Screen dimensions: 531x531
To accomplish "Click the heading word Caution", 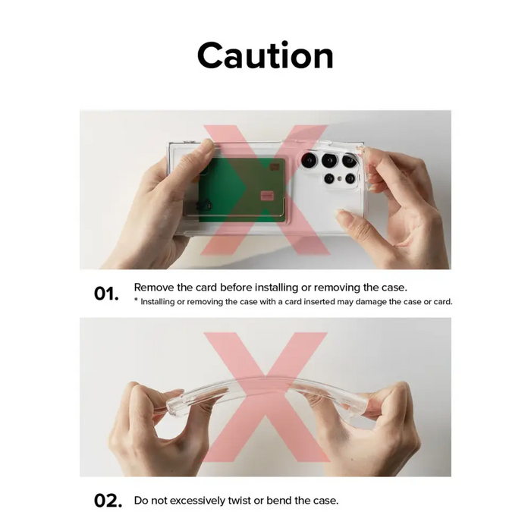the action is [x=265, y=55].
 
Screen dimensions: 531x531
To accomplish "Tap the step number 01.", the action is [x=106, y=294].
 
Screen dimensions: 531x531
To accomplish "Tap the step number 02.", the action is [x=108, y=501].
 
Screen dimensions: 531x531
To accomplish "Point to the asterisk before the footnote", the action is [x=136, y=300].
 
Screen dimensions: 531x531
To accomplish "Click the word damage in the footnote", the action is [x=370, y=303].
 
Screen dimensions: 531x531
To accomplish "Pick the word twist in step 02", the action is [x=239, y=501].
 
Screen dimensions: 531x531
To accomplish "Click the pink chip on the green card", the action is [x=267, y=196].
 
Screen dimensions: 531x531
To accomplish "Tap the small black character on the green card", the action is [x=205, y=205].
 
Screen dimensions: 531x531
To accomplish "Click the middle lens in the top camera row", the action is [x=329, y=160].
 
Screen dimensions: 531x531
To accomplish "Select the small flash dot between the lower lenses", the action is [x=340, y=178].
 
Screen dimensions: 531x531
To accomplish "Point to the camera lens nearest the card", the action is [x=309, y=160].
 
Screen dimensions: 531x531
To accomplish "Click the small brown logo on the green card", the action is [x=275, y=167].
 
